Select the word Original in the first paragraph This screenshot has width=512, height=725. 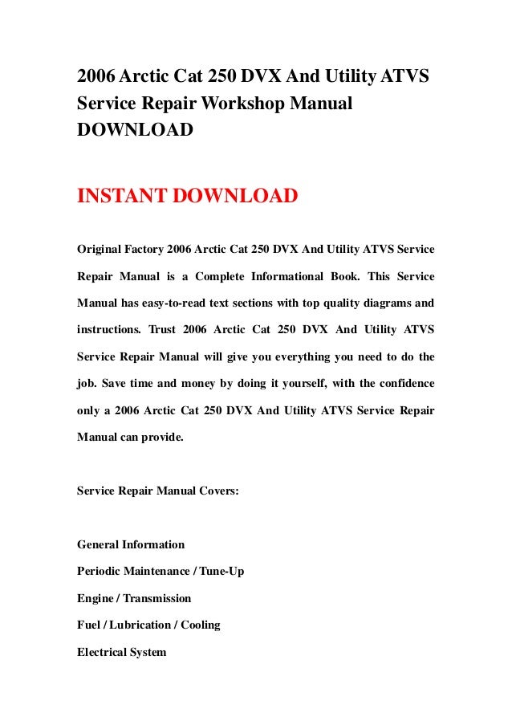pos(100,250)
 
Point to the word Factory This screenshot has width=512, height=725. pos(157,250)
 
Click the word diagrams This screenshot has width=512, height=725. pos(384,303)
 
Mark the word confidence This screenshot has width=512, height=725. pos(399,382)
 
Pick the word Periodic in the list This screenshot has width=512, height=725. pos(99,571)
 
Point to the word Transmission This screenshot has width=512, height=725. pos(157,598)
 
